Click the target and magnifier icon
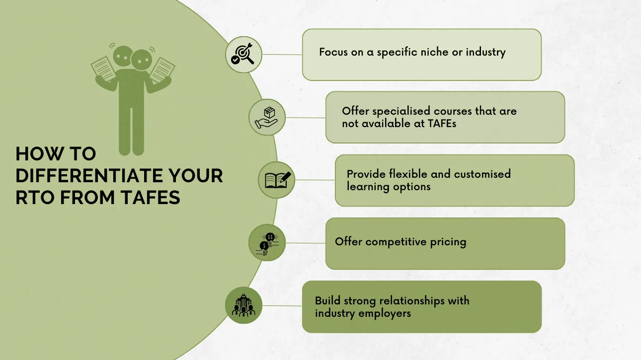243,54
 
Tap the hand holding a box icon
267,117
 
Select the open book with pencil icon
276,180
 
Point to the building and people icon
243,305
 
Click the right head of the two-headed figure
141,60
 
